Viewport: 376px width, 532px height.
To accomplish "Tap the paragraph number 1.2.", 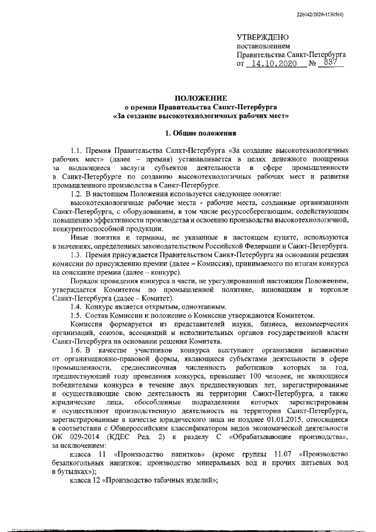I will coord(78,193).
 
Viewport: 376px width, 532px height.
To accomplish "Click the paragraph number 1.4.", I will coord(78,306).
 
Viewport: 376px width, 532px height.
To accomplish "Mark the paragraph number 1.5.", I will coord(78,315).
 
